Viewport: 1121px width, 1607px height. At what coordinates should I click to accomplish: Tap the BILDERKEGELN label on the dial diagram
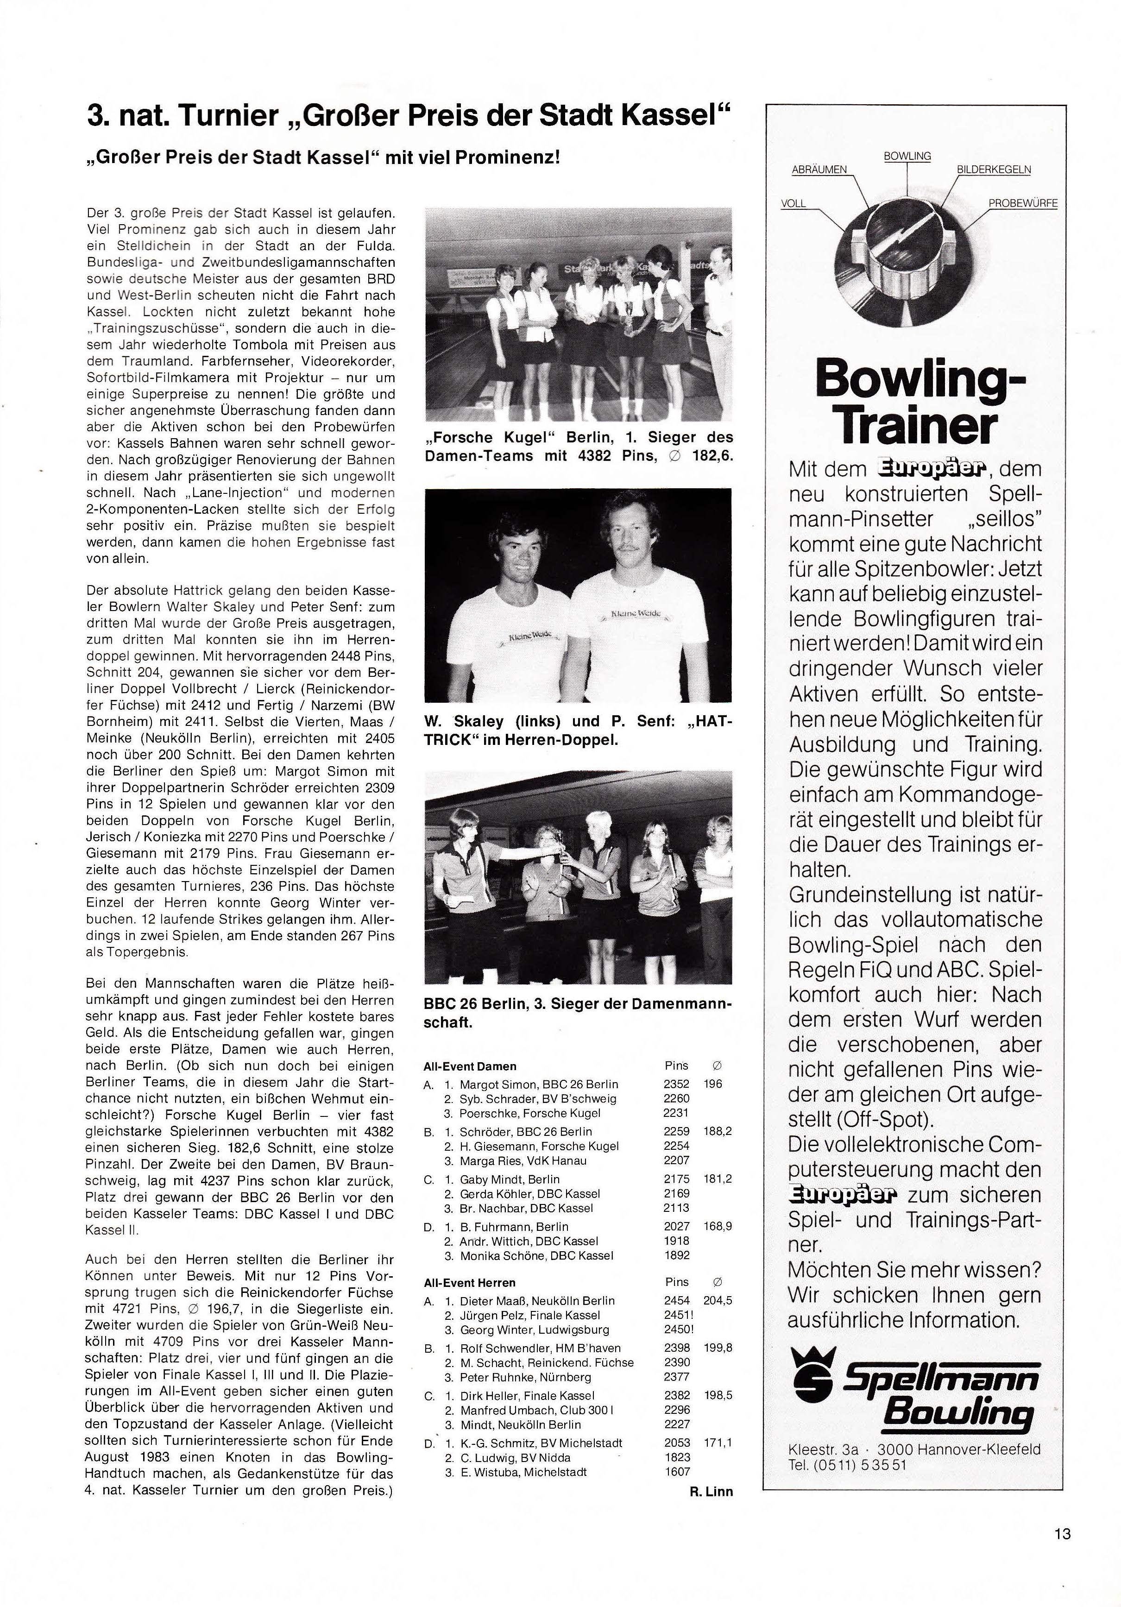tap(993, 170)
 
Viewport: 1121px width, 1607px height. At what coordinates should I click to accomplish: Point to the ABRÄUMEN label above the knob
tap(819, 170)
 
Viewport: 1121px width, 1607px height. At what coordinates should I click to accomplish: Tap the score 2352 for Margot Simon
tap(676, 1084)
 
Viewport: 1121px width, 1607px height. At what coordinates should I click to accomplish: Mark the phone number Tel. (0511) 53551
tap(847, 1463)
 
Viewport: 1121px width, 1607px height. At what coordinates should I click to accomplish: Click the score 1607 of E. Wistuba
tap(677, 1472)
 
